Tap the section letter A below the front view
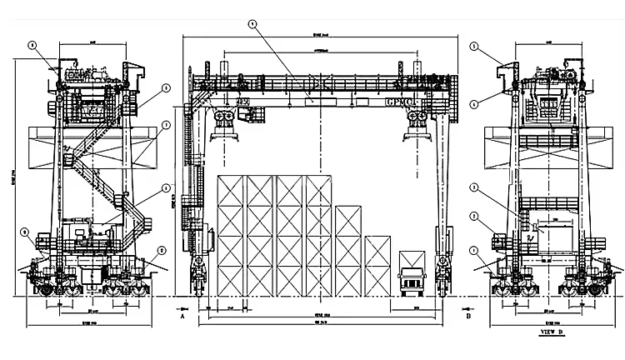pos(182,317)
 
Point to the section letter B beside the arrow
pos(468,317)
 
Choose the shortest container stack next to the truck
pos(377,265)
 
